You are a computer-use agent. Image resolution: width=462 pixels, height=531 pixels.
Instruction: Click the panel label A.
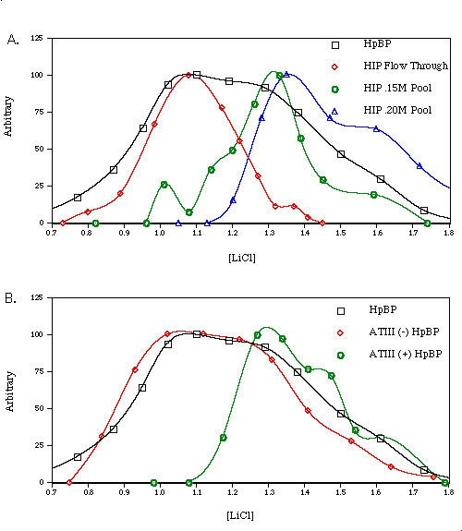[12, 39]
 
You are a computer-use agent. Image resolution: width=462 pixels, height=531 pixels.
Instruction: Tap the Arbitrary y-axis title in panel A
[8, 131]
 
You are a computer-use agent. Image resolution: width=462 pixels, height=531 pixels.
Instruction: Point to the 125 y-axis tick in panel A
[36, 38]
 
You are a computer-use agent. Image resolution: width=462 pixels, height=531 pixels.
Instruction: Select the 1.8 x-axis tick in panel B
[448, 493]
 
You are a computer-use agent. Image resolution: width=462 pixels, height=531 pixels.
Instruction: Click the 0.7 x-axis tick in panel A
[51, 234]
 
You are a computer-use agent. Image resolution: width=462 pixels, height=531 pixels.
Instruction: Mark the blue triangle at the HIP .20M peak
[286, 74]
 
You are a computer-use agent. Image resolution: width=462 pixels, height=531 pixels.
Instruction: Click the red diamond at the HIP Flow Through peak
[189, 76]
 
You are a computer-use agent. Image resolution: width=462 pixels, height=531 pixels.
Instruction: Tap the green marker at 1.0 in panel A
[164, 185]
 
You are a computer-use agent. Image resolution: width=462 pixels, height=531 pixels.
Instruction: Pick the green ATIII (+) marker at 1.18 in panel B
[224, 437]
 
